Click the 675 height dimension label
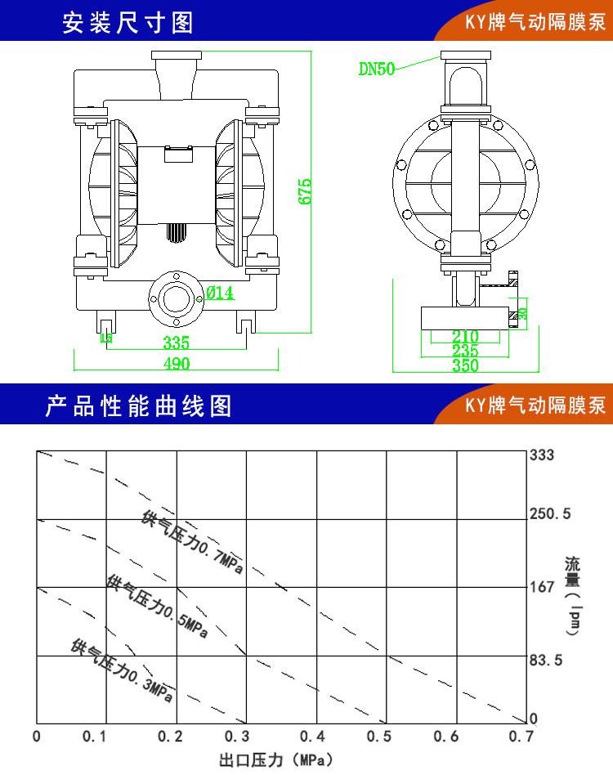click(x=305, y=191)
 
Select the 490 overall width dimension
click(x=177, y=363)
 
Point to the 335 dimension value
click(x=176, y=342)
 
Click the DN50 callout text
click(x=377, y=69)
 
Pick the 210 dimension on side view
click(x=465, y=336)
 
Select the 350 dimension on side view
click(x=465, y=365)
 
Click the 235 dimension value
click(x=465, y=351)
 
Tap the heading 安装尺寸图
click(x=128, y=22)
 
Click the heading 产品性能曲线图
click(x=139, y=405)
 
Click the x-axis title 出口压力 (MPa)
click(x=277, y=761)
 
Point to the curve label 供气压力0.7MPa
click(x=192, y=542)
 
